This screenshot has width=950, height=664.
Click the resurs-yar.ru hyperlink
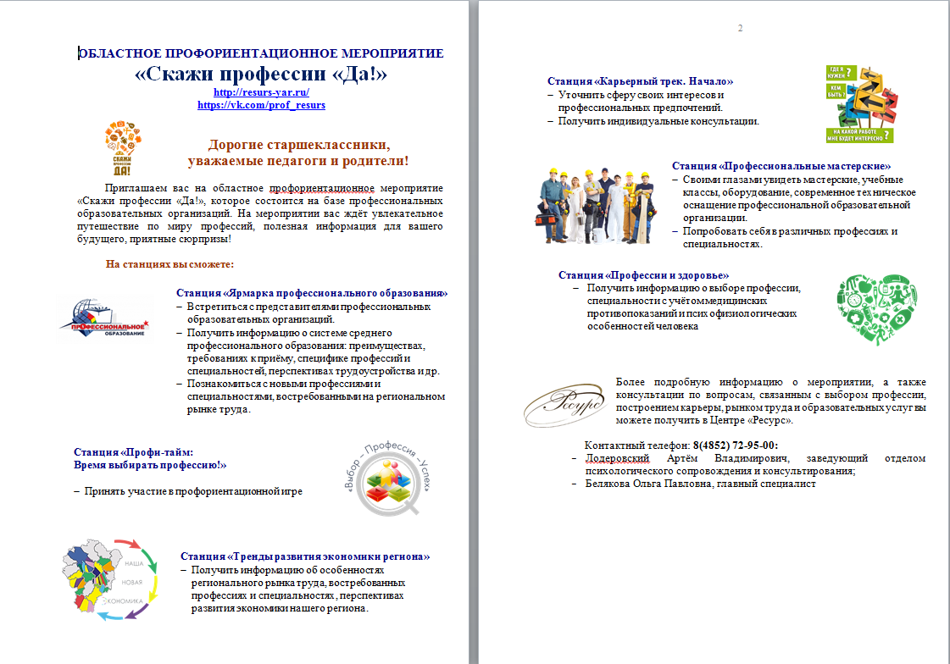(x=261, y=92)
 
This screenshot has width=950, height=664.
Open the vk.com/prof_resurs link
(x=261, y=105)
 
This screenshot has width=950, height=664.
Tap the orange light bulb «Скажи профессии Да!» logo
(x=123, y=148)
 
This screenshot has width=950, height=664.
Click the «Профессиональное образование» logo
(x=108, y=318)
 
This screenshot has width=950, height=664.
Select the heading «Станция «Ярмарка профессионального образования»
(x=312, y=293)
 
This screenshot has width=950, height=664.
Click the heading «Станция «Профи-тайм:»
(x=134, y=452)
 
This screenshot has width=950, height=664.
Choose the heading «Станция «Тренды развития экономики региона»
(x=305, y=556)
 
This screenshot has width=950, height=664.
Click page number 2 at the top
(x=740, y=30)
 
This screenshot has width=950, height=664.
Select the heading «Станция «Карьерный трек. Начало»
(x=640, y=81)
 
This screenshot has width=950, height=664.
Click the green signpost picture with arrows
(x=859, y=104)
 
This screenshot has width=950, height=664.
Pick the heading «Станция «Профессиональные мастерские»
(x=781, y=167)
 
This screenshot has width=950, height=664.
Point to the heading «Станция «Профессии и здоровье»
(x=643, y=275)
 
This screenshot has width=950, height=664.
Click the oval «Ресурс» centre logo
(x=564, y=405)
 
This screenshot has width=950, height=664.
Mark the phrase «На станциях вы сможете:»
(x=161, y=264)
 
